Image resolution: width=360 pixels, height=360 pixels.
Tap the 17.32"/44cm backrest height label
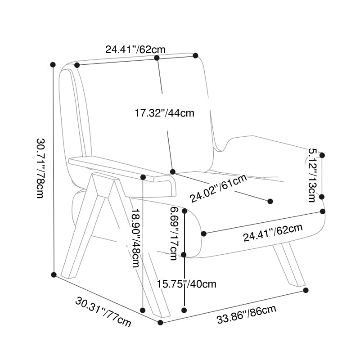tap(164, 113)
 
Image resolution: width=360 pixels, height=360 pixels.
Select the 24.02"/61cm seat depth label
tap(219, 189)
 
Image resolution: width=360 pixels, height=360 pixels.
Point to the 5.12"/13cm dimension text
tap(312, 175)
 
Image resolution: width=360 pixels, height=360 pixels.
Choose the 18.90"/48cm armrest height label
tap(136, 238)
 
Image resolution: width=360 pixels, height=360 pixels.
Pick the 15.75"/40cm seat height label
tap(186, 284)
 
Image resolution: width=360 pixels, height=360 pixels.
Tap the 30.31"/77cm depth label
tap(103, 312)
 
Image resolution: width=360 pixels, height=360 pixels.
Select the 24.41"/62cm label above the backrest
tap(135, 49)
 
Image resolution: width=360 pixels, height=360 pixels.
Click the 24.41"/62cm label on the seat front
tap(273, 233)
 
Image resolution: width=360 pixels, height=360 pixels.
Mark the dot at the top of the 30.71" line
tap(53, 65)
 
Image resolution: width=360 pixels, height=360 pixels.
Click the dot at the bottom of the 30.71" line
tap(54, 274)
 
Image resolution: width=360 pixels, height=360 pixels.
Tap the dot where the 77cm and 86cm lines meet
tap(161, 323)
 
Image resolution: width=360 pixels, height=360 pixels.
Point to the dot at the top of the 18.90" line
tap(143, 177)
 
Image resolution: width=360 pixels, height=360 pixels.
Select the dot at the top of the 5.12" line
tap(322, 155)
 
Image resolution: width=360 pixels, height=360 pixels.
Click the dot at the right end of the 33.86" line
tap(306, 290)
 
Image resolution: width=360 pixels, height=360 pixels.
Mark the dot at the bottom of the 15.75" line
tap(184, 310)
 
